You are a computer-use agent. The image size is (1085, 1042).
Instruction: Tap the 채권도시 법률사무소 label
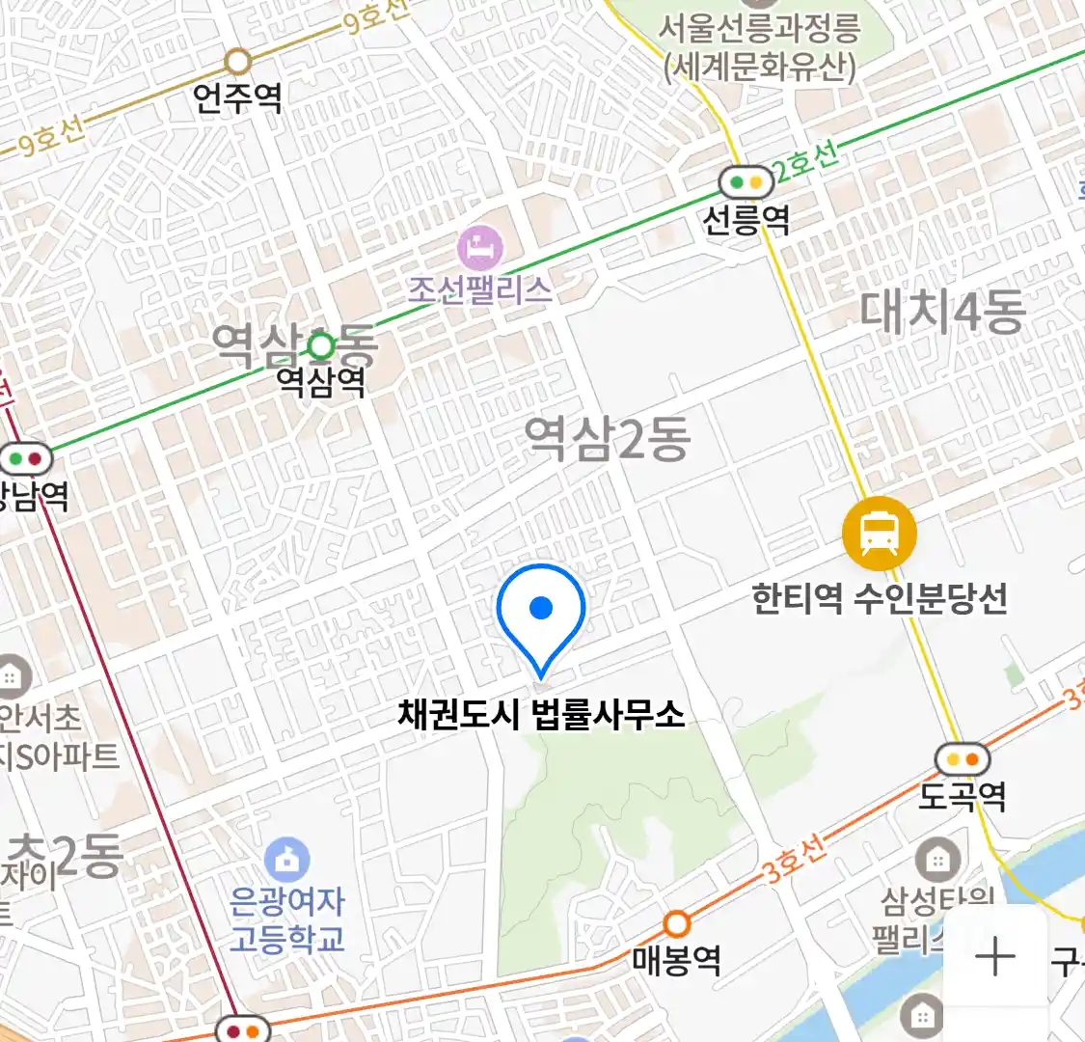[x=541, y=715]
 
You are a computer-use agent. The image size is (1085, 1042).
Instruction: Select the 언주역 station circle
[x=238, y=63]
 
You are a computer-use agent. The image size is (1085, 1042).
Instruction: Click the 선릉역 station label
[x=746, y=221]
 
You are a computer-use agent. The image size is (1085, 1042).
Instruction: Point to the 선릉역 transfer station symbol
[x=746, y=181]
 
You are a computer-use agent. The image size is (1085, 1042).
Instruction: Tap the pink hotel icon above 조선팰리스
[x=480, y=248]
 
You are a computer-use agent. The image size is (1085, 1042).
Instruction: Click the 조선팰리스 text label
[x=480, y=289]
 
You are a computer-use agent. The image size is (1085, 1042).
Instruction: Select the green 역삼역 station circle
[x=321, y=345]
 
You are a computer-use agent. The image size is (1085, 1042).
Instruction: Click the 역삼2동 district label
[x=608, y=439]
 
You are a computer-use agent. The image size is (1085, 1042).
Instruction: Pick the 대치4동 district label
[x=942, y=312]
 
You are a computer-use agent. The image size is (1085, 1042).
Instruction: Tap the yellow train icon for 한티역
[x=879, y=534]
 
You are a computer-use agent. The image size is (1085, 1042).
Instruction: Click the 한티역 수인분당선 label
[x=880, y=599]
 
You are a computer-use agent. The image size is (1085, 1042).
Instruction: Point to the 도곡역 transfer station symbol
[x=963, y=759]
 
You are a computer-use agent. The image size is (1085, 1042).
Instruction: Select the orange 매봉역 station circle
[x=677, y=924]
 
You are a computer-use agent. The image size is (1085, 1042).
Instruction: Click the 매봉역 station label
[x=677, y=961]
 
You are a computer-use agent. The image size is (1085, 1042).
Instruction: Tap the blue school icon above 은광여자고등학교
[x=287, y=860]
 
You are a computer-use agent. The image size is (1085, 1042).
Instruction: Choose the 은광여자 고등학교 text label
[x=287, y=919]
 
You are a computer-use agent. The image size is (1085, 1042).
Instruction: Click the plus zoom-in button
[x=994, y=957]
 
